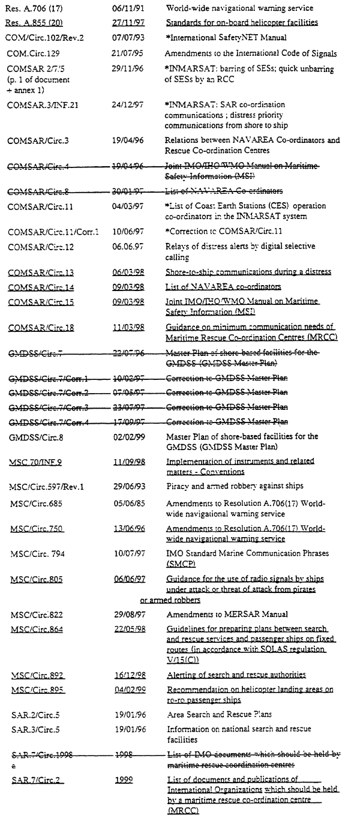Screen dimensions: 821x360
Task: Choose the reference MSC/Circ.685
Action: tap(37, 504)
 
